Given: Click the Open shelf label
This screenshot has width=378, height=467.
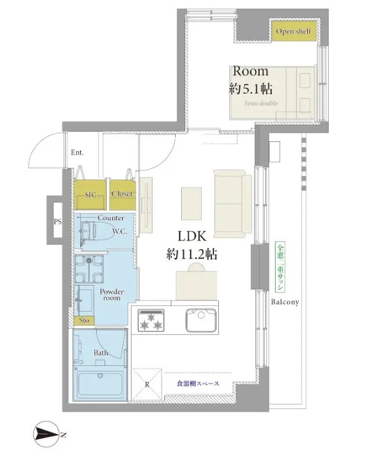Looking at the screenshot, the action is pos(293,31).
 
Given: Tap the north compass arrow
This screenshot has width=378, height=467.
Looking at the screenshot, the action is pos(47,434).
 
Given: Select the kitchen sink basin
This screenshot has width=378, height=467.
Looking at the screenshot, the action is pos(201,320).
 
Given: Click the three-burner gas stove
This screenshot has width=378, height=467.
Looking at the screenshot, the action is pos(151,320).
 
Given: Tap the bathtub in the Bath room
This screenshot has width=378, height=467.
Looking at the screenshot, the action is pos(101,384).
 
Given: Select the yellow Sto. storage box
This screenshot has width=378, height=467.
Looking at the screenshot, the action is pos(84,320).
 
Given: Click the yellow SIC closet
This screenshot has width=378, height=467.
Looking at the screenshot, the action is pos(90,194).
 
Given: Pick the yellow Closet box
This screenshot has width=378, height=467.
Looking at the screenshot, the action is pos(123,194).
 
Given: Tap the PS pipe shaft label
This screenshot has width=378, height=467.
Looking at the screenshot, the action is pos(57,221).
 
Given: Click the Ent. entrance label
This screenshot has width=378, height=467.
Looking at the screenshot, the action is pos(77,153).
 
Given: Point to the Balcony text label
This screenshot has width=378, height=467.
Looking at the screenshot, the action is pos(285,302).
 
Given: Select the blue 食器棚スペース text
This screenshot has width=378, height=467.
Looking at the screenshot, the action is pos(198,384).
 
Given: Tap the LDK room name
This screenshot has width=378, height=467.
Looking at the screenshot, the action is pos(192,236).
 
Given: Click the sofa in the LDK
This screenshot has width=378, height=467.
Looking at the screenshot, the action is pos(232,204).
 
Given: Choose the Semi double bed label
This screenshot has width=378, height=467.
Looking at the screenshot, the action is pos(261,104).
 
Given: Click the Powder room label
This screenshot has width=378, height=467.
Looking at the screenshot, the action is pos(112,294).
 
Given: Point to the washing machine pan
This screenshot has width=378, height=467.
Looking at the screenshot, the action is pos(89,268).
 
